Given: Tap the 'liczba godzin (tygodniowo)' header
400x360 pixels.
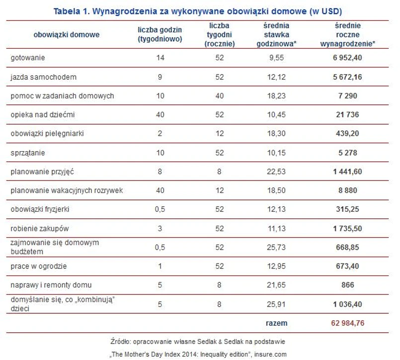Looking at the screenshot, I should pos(160,34).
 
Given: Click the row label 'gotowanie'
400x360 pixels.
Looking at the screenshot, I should pos(28,58).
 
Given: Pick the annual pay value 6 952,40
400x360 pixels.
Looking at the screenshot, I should pos(348,58).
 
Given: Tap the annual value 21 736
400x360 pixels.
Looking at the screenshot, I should pos(348,115).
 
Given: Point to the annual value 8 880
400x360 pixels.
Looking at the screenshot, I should pos(348,190).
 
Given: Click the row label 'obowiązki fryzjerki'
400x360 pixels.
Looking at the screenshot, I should pos(40,209).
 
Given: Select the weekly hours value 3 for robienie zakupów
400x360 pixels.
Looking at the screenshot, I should pos(160,228).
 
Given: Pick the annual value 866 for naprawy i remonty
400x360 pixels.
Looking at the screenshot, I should pos(348,285).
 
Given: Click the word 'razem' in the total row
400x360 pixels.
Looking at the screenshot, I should pos(276,323).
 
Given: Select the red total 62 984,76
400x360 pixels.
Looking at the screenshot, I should pos(348,323).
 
